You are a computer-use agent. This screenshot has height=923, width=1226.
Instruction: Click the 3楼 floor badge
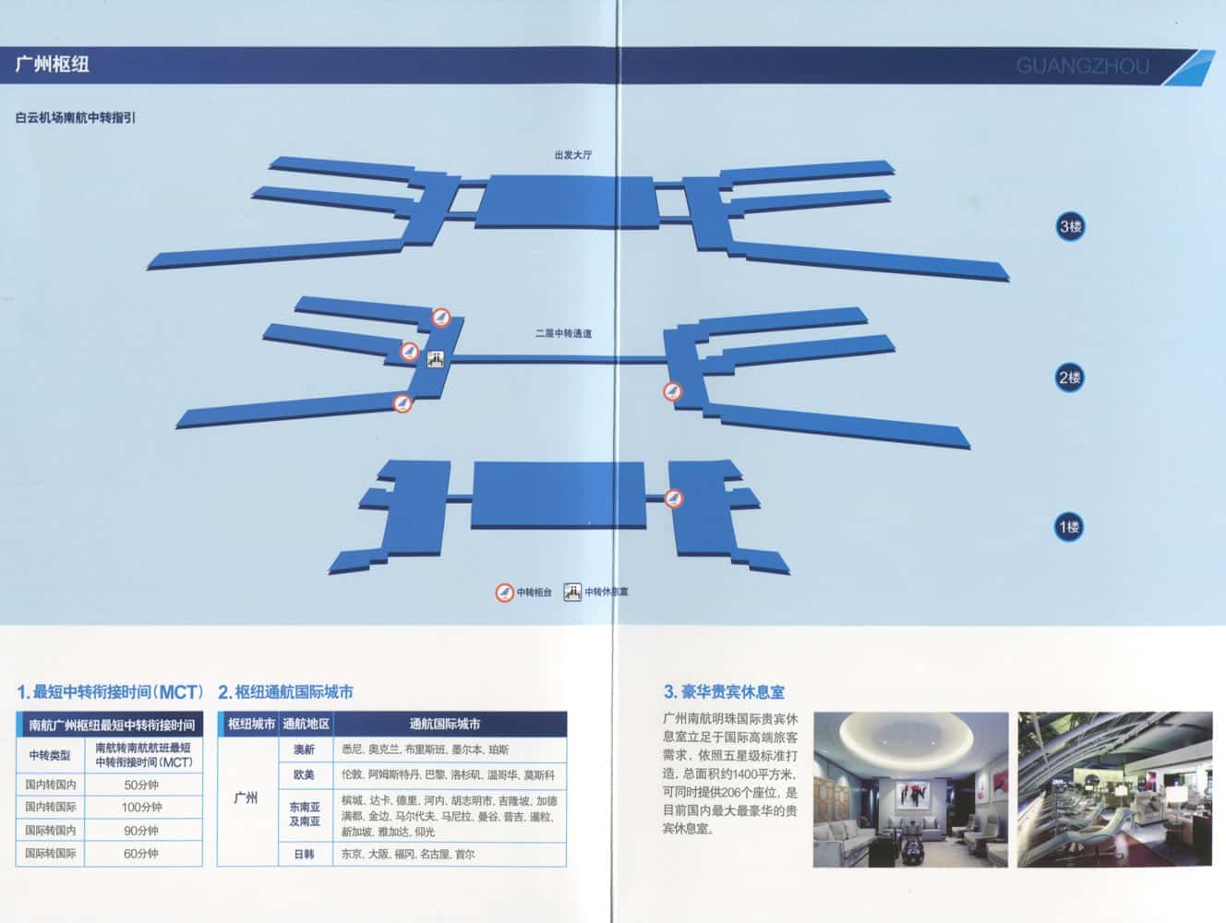pyautogui.click(x=1070, y=226)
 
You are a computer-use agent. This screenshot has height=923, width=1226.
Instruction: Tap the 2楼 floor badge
pyautogui.click(x=1070, y=378)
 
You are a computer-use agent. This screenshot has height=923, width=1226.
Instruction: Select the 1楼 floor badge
pyautogui.click(x=1069, y=527)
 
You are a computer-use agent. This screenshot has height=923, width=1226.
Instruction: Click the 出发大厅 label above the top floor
pyautogui.click(x=572, y=155)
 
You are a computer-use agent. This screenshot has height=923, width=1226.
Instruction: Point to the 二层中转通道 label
pyautogui.click(x=563, y=333)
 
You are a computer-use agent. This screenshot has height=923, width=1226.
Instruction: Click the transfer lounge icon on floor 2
pyautogui.click(x=437, y=360)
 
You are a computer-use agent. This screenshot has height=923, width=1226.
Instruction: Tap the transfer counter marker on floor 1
pyautogui.click(x=675, y=498)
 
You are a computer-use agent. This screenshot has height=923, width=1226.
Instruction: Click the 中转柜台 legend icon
pyautogui.click(x=504, y=593)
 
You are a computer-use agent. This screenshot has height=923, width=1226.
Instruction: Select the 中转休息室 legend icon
pyautogui.click(x=572, y=592)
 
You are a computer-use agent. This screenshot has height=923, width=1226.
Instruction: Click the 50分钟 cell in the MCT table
pyautogui.click(x=142, y=785)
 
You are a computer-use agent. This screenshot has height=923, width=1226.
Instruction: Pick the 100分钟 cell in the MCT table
pyautogui.click(x=142, y=808)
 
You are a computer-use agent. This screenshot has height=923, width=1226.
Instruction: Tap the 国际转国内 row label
pyautogui.click(x=50, y=831)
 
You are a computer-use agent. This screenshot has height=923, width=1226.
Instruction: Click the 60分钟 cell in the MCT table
pyautogui.click(x=142, y=854)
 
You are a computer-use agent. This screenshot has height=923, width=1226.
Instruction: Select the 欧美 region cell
pyautogui.click(x=304, y=775)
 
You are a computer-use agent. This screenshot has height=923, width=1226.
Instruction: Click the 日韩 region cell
pyautogui.click(x=304, y=855)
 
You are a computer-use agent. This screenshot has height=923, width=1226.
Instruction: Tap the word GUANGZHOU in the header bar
pyautogui.click(x=1082, y=66)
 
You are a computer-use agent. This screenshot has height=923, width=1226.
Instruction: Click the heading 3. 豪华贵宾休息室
pyautogui.click(x=724, y=691)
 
